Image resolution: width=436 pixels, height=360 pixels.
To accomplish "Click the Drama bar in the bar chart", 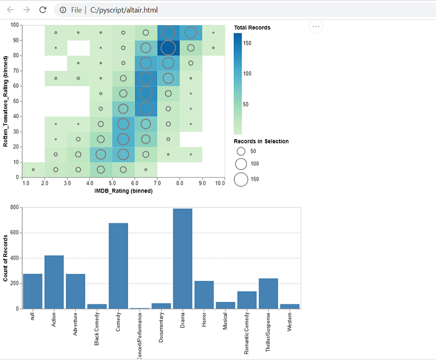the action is [x=183, y=259].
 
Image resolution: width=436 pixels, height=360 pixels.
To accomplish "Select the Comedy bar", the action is [x=118, y=266].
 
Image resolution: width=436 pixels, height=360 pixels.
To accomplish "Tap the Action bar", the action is [x=54, y=282].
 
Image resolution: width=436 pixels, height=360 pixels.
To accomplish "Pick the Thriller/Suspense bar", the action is [x=268, y=293].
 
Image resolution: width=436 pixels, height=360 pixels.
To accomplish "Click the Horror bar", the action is [x=204, y=295].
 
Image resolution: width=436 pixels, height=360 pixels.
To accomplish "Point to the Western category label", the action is [x=289, y=322].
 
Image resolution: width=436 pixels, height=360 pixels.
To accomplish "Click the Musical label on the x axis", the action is [x=225, y=321].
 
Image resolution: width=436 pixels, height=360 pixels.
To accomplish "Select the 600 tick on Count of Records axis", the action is [x=14, y=232].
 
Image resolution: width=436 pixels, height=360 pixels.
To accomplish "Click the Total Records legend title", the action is [x=252, y=27].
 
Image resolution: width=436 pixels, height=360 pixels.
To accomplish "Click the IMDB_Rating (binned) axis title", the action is [x=124, y=191].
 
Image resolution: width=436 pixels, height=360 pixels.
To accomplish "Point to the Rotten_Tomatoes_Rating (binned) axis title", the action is [x=5, y=101].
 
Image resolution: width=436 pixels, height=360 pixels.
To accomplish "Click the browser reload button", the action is [x=43, y=10].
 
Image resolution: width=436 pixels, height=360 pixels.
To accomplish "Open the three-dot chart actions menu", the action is [x=316, y=27].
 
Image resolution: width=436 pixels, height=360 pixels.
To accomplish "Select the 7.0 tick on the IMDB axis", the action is [x=157, y=183].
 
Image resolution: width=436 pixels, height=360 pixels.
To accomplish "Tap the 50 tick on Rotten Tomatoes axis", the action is [x=16, y=101].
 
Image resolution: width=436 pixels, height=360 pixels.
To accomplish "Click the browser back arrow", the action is [x=10, y=10].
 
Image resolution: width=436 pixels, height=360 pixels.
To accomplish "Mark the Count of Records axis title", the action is [x=5, y=258].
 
